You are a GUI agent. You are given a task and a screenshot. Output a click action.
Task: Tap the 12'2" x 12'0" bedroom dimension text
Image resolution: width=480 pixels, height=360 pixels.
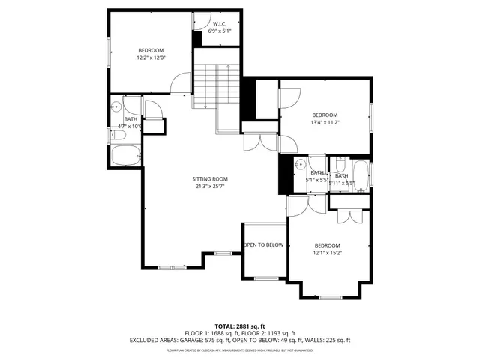coord(151,58)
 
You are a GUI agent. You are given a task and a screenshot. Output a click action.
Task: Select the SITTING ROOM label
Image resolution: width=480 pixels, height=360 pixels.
coord(209,178)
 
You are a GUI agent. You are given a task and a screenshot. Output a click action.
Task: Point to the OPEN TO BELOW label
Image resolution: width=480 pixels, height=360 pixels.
coord(263,245)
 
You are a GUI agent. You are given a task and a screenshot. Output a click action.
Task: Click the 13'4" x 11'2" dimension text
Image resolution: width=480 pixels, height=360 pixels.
coord(325,122)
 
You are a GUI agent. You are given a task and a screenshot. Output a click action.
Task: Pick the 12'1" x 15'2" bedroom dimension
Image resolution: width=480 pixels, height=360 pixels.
coord(327,253)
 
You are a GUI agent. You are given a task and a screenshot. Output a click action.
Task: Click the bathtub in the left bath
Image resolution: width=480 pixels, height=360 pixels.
coord(124,157)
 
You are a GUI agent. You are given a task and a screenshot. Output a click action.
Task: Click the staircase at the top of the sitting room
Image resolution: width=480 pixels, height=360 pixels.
coord(217,86)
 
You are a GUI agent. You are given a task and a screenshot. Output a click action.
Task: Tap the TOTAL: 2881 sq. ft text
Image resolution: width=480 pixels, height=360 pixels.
coord(240,326)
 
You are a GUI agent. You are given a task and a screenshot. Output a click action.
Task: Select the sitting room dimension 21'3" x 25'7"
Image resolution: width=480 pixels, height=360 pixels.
coord(209,186)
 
